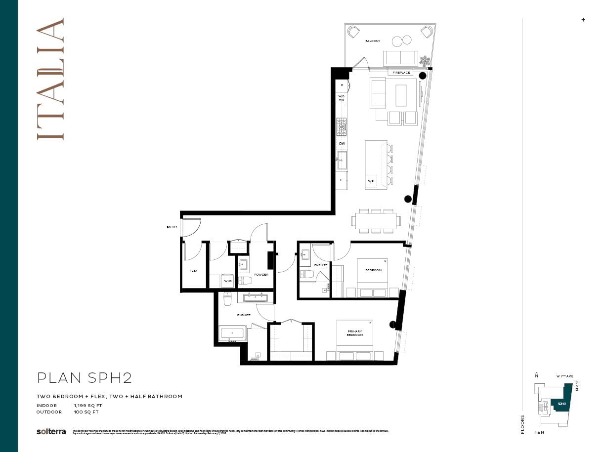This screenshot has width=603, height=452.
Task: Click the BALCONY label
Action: pos(373,41)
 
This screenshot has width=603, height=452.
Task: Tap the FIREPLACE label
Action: pos(401,73)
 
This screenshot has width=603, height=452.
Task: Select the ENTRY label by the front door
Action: pos(172,227)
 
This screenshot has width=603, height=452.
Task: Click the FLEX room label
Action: pos(193,271)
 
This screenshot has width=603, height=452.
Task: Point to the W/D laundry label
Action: pos(227,281)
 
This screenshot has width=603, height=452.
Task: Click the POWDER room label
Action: pos(261,275)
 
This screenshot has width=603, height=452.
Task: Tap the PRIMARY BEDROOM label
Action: pos(354,333)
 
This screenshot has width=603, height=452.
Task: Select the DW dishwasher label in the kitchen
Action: pos(342,144)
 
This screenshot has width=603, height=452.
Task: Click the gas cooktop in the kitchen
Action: pos(342,127)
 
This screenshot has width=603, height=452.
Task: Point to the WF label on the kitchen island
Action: pos(371,182)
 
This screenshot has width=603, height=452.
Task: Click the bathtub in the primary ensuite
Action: pos(233,333)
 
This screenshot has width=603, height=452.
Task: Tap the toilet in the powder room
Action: pos(245,281)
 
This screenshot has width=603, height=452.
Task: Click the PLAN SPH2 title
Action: pos(85,378)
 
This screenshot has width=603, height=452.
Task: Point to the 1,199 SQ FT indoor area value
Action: pos(87,406)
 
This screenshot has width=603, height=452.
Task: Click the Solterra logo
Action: pos(51,431)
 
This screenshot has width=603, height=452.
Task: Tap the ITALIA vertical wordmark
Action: pos(50,79)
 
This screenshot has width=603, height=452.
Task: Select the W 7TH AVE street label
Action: pos(564,376)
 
